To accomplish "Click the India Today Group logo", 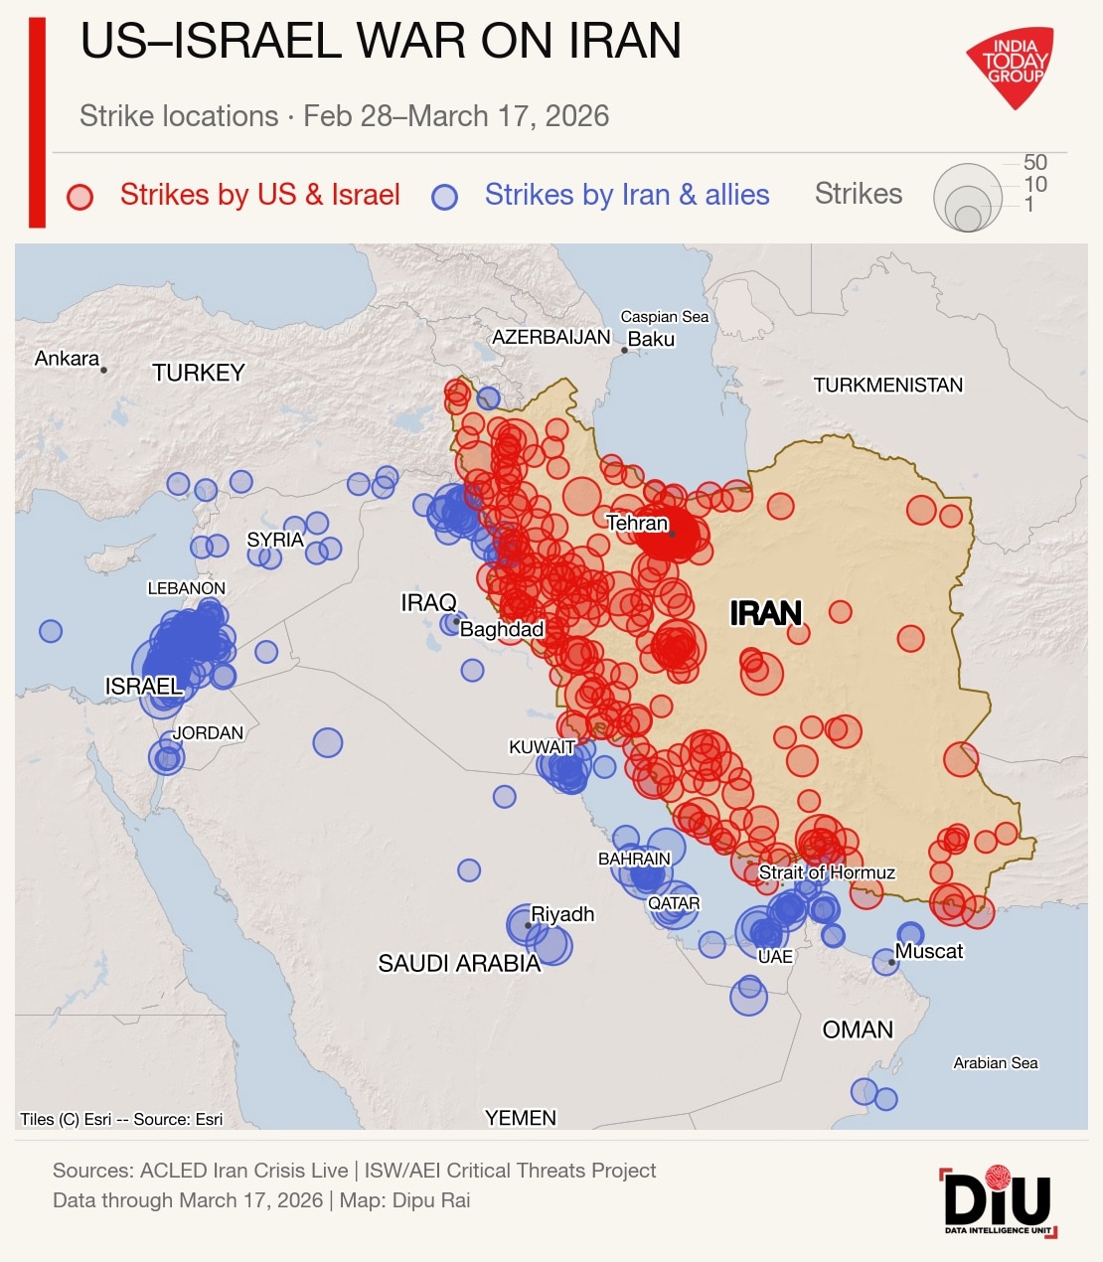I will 1011,66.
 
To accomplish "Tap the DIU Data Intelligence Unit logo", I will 998,1201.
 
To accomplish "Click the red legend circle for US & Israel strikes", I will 79,196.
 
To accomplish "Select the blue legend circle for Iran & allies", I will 444,196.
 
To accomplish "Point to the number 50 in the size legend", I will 1035,163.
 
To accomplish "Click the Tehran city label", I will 637,523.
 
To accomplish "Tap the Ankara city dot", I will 103,370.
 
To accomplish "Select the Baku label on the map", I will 652,339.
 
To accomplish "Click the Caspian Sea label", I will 665,317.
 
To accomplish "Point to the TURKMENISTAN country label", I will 887,386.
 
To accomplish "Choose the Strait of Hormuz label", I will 827,872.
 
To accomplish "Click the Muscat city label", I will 929,951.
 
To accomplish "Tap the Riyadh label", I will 562,914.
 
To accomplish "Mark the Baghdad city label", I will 502,629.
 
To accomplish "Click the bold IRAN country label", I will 765,613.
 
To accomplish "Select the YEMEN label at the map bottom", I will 521,1118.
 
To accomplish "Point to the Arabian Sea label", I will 996,1063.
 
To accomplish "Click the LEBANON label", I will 187,588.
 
